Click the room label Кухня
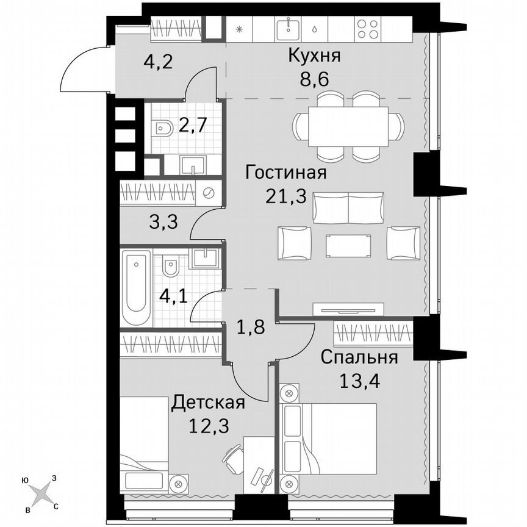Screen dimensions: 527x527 coord(314,57)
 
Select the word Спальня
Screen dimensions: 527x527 coord(360,357)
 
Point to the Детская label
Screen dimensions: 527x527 coord(208,403)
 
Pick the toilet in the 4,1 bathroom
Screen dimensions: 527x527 coord(171,267)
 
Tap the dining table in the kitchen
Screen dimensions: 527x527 coord(348,126)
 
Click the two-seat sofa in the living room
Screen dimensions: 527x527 coord(348,207)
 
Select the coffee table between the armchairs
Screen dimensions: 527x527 coord(348,243)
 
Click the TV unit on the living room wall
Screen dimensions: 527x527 coord(348,309)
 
